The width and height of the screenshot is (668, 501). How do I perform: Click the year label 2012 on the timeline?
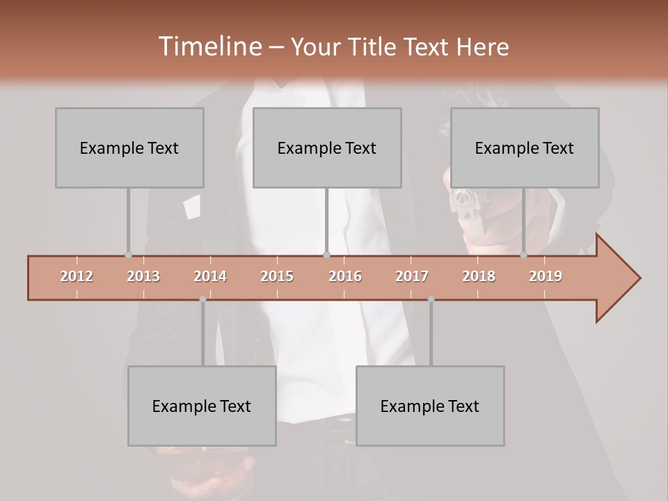(77, 276)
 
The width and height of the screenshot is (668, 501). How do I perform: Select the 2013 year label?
(143, 276)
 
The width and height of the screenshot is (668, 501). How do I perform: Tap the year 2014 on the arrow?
(210, 276)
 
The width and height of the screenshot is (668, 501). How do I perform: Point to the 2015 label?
(277, 276)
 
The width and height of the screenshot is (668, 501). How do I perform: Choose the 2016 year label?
(345, 276)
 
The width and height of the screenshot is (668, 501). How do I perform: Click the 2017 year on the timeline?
(412, 276)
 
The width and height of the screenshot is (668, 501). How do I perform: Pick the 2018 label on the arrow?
(479, 276)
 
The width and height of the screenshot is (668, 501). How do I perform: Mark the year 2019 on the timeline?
(546, 276)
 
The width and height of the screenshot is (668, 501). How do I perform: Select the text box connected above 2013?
(129, 148)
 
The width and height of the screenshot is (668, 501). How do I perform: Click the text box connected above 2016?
(327, 148)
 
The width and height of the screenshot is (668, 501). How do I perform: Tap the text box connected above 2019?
(525, 148)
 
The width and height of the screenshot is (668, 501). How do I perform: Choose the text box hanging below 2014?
(202, 406)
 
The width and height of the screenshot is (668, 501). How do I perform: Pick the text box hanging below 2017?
(430, 406)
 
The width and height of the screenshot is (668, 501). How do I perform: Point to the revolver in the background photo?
(468, 209)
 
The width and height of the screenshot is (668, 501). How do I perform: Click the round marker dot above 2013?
(128, 255)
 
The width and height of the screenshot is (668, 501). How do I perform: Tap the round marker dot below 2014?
(202, 299)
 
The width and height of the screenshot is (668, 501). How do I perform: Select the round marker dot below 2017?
(431, 299)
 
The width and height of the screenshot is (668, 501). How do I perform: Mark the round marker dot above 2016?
(326, 255)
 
